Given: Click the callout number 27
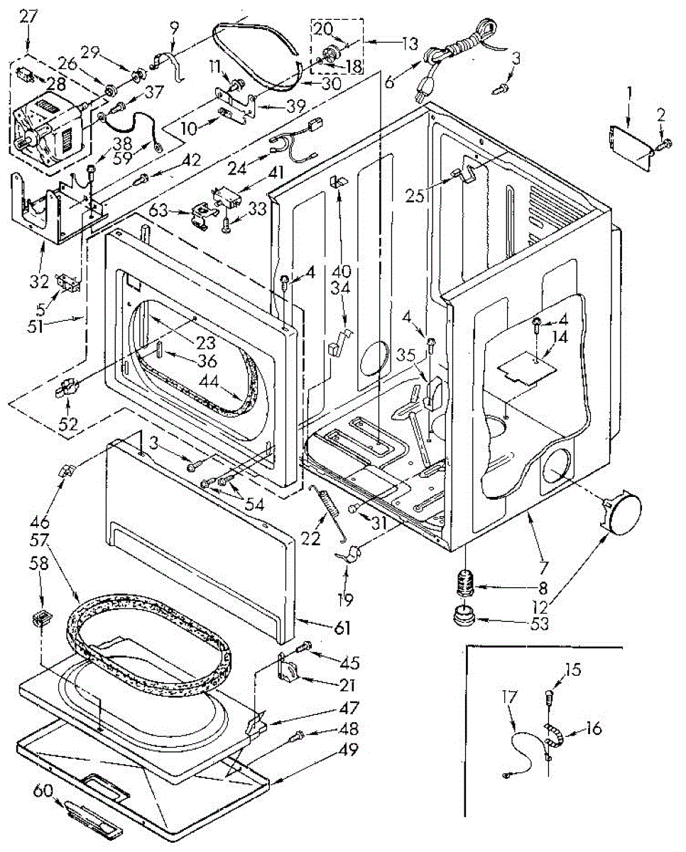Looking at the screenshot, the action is [x=28, y=16].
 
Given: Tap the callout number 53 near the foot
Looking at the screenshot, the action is [x=540, y=624].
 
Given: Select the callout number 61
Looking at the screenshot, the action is [x=342, y=628].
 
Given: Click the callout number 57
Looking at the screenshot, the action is [x=39, y=540].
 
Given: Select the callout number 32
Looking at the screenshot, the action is [x=39, y=281].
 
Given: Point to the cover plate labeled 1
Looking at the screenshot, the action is [x=630, y=148].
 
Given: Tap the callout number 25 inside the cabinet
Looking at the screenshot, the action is [x=414, y=195].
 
